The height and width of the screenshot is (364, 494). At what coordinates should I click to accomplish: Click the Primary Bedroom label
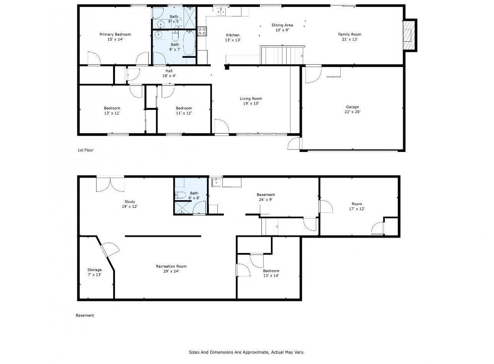pos(115,34)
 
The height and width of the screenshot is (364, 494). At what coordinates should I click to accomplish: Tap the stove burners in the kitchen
pos(202,31)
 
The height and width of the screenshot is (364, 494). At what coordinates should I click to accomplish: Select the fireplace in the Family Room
pos(409,35)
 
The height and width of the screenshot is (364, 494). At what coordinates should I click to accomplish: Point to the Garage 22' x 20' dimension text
pos(352,112)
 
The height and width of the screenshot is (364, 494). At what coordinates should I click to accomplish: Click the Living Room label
pos(251,98)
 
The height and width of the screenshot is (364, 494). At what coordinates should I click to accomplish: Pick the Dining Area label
pos(282,25)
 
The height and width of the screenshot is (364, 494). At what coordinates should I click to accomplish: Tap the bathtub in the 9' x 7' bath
pos(189,43)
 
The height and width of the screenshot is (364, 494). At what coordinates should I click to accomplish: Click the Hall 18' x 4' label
pos(169,73)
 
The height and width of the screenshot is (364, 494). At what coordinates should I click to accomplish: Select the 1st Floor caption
pos(86,150)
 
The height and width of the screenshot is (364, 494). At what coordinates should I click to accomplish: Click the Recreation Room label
pos(171,266)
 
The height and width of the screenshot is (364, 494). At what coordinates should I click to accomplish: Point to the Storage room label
pos(95,270)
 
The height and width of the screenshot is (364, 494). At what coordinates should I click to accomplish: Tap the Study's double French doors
pos(110,184)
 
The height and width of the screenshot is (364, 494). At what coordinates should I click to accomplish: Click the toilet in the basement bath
pos(181,195)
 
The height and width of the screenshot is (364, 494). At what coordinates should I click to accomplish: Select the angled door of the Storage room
pos(110,249)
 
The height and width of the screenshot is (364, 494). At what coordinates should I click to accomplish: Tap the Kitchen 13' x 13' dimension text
pos(233,40)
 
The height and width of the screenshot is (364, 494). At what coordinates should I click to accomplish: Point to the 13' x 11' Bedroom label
pos(112,111)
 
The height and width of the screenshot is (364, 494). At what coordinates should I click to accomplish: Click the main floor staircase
pos(282,55)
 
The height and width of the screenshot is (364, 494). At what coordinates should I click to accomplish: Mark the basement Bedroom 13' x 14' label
pos(271,273)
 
